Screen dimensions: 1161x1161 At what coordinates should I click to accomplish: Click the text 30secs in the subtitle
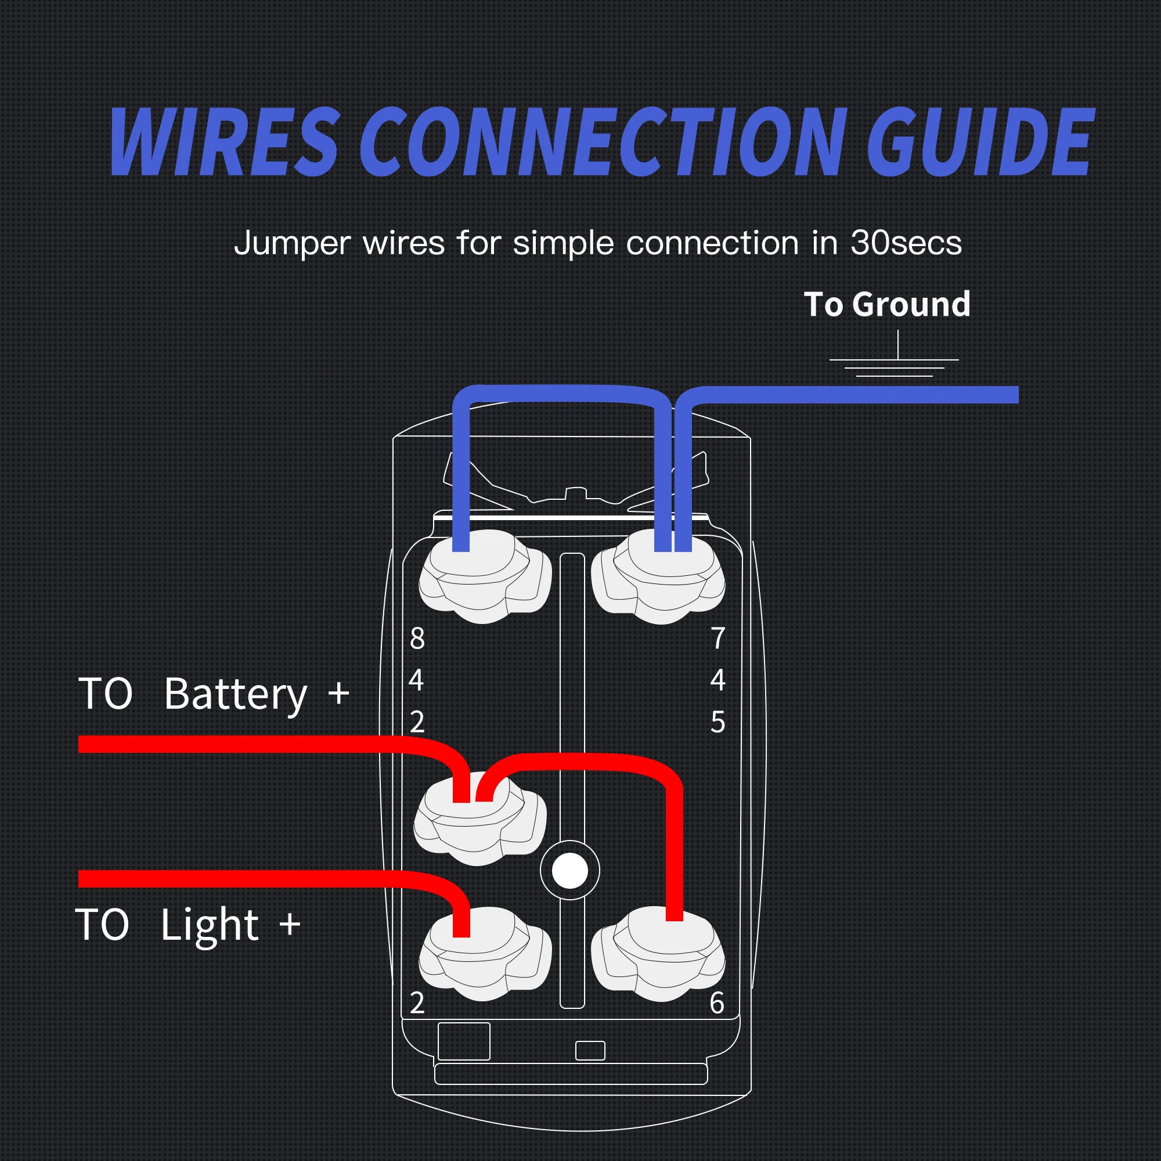906,243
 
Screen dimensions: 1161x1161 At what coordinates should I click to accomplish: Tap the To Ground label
887,304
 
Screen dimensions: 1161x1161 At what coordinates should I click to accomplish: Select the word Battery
236,695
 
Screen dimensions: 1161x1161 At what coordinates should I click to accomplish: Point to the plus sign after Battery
339,693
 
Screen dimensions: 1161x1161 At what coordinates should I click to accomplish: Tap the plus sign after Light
290,924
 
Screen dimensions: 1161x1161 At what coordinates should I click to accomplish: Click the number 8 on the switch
417,638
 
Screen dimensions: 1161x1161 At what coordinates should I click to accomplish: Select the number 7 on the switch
718,638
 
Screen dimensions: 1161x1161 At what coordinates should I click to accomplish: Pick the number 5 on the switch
718,722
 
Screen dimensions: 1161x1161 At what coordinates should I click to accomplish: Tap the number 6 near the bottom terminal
717,1003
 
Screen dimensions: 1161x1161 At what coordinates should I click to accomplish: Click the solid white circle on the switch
569,871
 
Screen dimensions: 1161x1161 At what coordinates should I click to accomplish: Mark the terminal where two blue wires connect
658,577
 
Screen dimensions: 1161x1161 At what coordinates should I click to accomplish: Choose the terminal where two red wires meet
479,820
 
